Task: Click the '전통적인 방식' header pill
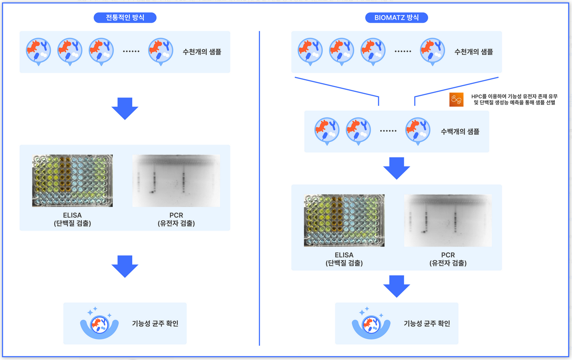click(x=125, y=18)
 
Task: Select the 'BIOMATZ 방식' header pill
click(x=396, y=18)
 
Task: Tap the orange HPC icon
click(x=456, y=99)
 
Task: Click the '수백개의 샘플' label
click(x=460, y=131)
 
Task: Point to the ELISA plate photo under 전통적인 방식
click(x=72, y=181)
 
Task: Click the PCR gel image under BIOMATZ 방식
click(x=448, y=221)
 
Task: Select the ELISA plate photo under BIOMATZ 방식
click(x=344, y=221)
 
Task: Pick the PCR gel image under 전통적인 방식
click(x=176, y=181)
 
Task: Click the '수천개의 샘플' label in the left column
click(x=202, y=52)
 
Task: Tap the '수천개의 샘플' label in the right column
click(x=473, y=52)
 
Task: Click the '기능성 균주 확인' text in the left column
click(x=155, y=324)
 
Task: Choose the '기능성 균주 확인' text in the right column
click(x=427, y=324)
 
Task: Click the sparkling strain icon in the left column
click(x=99, y=324)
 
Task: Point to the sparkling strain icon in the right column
click(x=371, y=324)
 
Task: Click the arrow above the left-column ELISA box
click(x=125, y=108)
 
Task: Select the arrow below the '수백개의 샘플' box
click(x=397, y=168)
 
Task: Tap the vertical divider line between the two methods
click(x=259, y=188)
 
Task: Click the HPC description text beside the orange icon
click(x=514, y=99)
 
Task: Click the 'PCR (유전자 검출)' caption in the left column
click(x=176, y=219)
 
